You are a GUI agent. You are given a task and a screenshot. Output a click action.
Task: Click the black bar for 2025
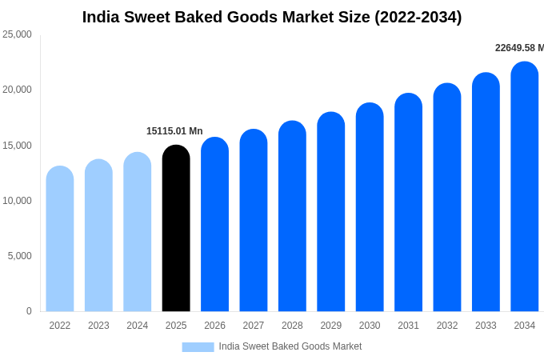(176, 229)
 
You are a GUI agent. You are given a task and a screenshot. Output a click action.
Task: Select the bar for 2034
(524, 187)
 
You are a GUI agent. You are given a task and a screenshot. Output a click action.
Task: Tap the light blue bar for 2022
(60, 239)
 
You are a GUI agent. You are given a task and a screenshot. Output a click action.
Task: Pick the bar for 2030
(370, 208)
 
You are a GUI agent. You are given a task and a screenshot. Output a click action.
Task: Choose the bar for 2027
(254, 221)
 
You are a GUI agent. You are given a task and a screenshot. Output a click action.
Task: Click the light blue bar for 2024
(138, 232)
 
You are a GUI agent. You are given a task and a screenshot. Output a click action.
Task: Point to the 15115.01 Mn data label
(174, 131)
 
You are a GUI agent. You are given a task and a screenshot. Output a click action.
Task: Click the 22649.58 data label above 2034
(518, 48)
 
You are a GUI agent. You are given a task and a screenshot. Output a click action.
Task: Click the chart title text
(272, 17)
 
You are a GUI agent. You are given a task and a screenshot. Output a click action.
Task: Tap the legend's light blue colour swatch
(198, 346)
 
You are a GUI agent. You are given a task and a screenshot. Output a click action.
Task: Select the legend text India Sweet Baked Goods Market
(290, 346)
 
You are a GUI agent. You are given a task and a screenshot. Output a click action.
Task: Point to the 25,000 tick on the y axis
(17, 34)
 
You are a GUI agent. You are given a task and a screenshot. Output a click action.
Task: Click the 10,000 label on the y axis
(17, 201)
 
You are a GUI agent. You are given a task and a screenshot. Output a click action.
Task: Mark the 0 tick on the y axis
(29, 311)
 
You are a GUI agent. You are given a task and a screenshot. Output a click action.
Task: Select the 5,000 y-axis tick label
(20, 256)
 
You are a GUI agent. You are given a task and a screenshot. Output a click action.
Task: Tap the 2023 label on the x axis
(98, 326)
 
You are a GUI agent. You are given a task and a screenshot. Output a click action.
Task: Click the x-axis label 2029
(331, 326)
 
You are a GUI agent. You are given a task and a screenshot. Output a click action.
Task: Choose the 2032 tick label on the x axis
(447, 326)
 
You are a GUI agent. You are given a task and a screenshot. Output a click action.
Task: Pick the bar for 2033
(486, 193)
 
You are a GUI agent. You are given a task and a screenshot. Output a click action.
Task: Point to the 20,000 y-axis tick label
(17, 90)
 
